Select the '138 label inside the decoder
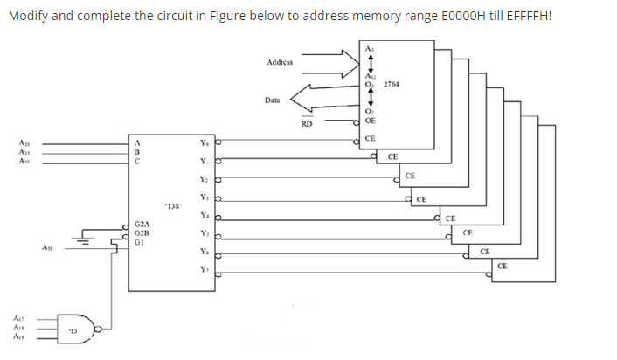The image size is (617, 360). [171, 207]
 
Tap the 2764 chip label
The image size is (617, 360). [392, 83]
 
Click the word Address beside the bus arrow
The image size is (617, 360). [281, 62]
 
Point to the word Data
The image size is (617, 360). [273, 100]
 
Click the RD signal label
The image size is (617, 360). [306, 124]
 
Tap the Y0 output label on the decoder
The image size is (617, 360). [204, 141]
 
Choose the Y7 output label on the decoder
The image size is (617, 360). [204, 268]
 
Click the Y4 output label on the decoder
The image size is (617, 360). [204, 214]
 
